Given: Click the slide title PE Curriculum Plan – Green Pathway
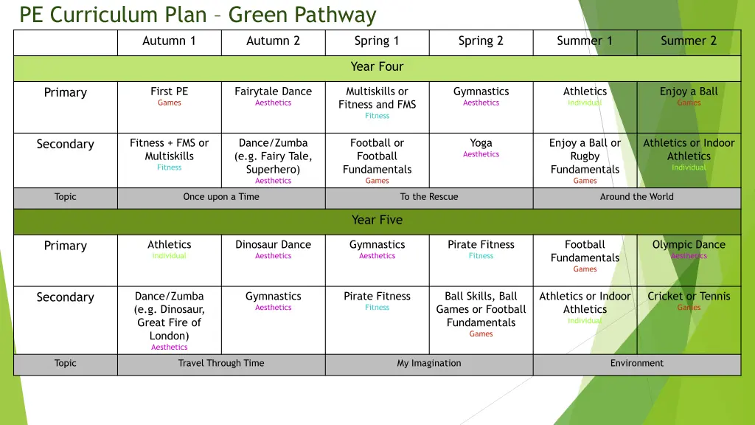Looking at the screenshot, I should click(198, 15).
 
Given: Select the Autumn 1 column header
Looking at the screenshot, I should click(169, 41).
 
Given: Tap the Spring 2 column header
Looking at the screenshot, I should click(481, 41).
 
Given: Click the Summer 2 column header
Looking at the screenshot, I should click(689, 41).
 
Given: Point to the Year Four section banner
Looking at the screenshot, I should click(377, 67).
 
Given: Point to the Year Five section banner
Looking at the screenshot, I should click(377, 221).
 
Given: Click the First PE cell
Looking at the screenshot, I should click(169, 96).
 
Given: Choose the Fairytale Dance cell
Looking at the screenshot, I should click(273, 96).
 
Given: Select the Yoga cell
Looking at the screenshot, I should click(481, 148).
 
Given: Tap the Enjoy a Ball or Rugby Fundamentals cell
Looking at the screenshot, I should click(585, 160).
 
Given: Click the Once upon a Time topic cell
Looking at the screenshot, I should click(221, 197).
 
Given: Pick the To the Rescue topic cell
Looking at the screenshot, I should click(429, 197).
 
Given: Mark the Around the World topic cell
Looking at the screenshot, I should click(636, 197).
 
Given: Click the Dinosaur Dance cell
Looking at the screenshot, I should click(273, 249).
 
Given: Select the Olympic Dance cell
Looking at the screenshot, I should click(689, 249).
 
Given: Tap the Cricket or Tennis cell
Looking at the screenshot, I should click(689, 301).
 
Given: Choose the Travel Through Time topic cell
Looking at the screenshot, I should click(221, 364).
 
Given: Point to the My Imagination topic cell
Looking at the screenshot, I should click(429, 364).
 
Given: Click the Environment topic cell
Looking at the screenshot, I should click(636, 364).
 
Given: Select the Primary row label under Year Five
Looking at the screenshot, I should click(66, 246).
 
